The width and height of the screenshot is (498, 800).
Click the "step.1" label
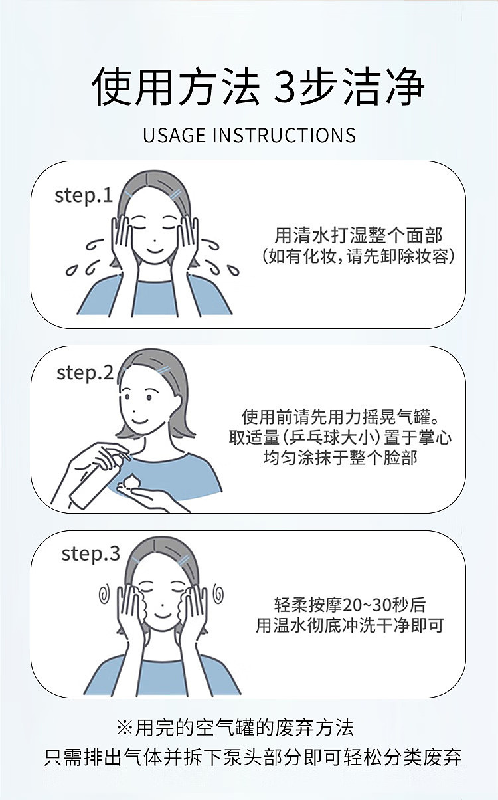[84, 196]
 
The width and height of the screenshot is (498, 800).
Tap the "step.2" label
[85, 373]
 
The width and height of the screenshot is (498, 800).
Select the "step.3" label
[91, 554]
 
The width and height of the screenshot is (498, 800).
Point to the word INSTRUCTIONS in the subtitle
[284, 135]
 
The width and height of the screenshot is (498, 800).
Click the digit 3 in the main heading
[284, 87]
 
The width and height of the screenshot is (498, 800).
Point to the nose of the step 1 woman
[153, 240]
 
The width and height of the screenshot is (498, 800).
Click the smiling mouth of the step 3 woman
[163, 615]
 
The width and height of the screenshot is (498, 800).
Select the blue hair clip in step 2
[163, 369]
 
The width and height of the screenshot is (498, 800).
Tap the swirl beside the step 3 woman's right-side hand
[218, 593]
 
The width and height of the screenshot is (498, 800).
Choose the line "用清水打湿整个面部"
[358, 235]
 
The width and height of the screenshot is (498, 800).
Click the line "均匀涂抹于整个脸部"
[340, 457]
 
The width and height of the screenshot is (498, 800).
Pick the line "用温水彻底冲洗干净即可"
[349, 625]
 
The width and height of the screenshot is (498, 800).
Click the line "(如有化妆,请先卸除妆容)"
[358, 256]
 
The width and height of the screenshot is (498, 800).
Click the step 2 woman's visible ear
[176, 402]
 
